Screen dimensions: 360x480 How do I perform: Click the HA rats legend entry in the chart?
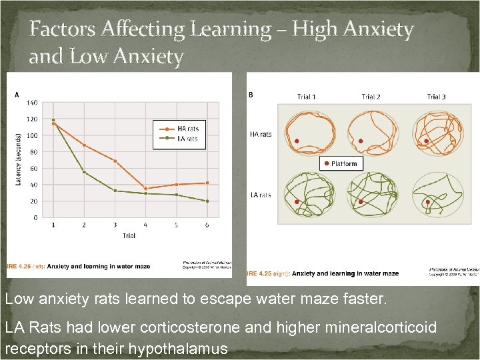tap(187, 129)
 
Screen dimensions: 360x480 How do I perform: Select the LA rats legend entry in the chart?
tap(187, 139)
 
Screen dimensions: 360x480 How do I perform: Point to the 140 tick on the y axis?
tap(31, 103)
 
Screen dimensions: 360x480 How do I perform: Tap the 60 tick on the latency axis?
tap(33, 169)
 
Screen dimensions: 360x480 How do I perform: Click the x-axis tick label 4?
tap(145, 225)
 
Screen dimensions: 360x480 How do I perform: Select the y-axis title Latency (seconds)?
tap(18, 159)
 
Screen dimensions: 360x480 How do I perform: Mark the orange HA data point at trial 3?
tap(115, 161)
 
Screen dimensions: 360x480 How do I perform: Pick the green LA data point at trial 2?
tap(84, 172)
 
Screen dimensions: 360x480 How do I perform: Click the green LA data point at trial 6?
tap(207, 201)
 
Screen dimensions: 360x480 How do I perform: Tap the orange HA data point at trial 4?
tap(145, 188)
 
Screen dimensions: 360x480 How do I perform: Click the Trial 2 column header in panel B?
tap(371, 97)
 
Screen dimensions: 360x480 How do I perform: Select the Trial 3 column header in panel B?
tap(436, 97)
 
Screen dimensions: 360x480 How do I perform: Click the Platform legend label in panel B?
tap(344, 164)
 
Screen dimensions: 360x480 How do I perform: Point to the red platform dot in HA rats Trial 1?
tap(296, 141)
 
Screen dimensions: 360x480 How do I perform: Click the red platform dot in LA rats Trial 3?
tap(427, 202)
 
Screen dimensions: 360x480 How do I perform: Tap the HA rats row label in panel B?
tap(261, 134)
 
